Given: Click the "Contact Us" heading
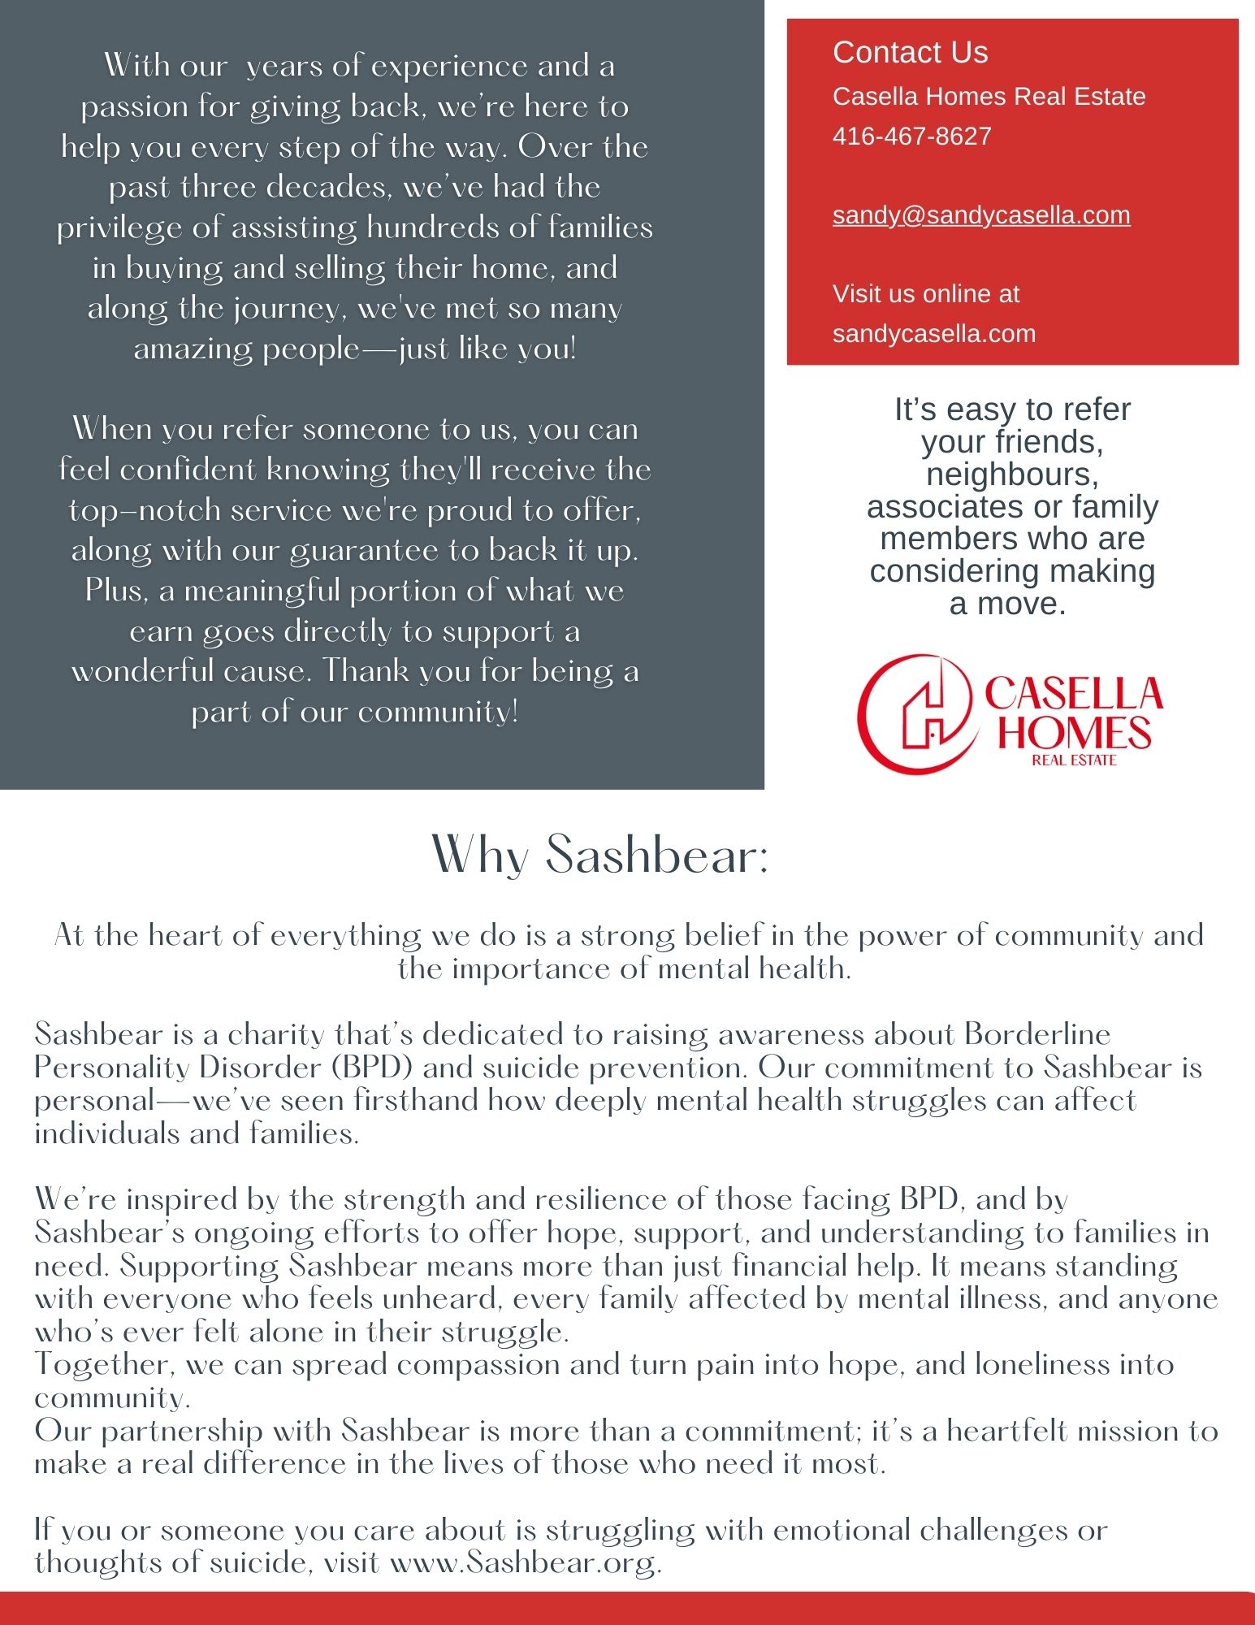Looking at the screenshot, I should (x=910, y=53).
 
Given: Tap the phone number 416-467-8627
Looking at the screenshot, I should (x=911, y=136).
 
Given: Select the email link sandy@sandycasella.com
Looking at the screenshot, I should (x=981, y=215).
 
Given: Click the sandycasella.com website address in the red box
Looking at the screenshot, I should (x=933, y=333).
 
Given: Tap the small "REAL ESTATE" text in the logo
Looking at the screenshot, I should (x=1074, y=760).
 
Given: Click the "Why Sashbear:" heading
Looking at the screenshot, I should (x=599, y=855).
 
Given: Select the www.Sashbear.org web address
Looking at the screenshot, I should (x=526, y=1562).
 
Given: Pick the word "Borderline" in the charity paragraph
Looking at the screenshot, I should (x=1037, y=1034).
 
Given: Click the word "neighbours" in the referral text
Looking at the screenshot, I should (x=1012, y=474).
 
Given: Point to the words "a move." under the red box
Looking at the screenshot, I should (x=1007, y=604).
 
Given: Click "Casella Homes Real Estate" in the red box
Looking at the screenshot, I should (x=989, y=97).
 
